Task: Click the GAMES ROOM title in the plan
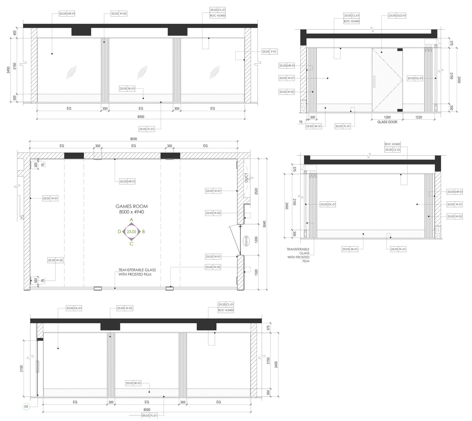click(x=131, y=206)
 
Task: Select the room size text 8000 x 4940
click(x=131, y=212)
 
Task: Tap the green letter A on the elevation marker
click(x=132, y=220)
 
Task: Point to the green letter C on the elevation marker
click(x=132, y=244)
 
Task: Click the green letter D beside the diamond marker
click(x=119, y=232)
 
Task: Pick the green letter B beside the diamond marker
click(x=143, y=232)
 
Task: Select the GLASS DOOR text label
click(x=387, y=122)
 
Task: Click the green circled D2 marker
click(x=26, y=407)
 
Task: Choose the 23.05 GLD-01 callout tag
click(x=397, y=16)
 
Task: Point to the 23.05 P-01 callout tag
click(x=269, y=52)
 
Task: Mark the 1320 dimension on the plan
click(x=256, y=272)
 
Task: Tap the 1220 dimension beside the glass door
click(x=419, y=117)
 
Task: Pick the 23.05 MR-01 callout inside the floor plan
click(x=127, y=181)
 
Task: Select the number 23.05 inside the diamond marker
click(x=131, y=232)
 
